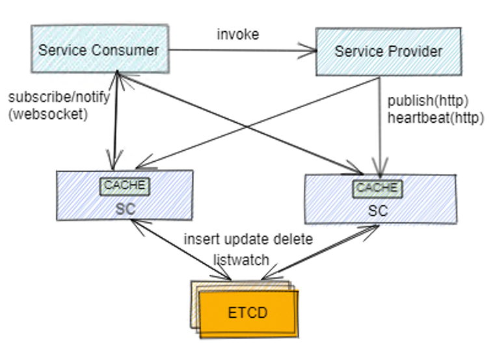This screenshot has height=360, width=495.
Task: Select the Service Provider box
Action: click(388, 50)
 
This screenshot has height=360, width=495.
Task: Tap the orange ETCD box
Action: click(247, 313)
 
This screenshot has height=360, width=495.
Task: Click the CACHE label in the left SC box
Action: click(125, 185)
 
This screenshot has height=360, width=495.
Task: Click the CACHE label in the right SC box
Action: click(377, 188)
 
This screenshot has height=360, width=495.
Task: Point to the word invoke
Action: click(237, 34)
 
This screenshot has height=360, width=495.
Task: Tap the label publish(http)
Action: click(427, 101)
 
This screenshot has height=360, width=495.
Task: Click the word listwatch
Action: click(241, 259)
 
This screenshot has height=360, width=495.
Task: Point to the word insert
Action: click(199, 239)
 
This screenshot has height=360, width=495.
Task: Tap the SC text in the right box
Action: click(377, 211)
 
